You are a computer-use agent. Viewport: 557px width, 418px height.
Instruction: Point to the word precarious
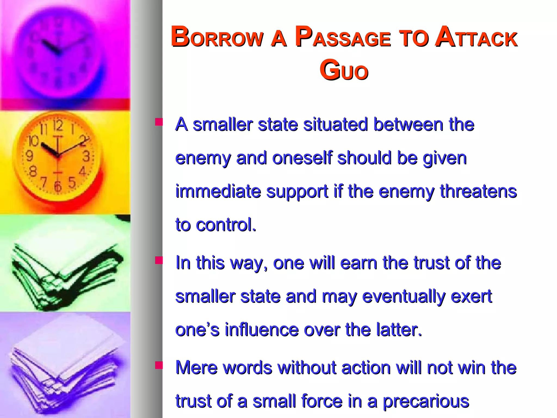coord(426,402)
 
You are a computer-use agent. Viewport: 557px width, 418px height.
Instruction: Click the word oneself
coord(302,158)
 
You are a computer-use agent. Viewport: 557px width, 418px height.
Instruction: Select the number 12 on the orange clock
coord(58,125)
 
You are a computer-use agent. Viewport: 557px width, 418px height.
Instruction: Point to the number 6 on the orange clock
coord(57,186)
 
